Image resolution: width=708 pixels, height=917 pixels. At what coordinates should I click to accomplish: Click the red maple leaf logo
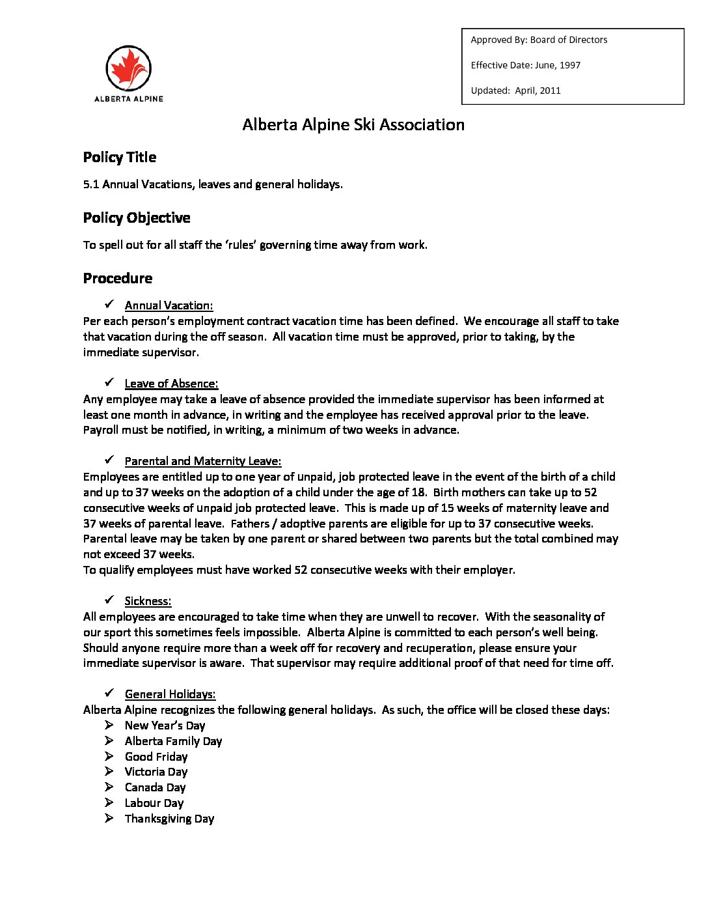coord(128,68)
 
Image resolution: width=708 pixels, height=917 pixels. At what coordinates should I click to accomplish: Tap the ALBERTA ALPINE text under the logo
coord(128,99)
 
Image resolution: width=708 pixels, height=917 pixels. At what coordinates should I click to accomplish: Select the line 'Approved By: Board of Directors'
coord(539,40)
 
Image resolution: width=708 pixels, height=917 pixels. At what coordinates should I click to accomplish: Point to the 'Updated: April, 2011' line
coord(515,91)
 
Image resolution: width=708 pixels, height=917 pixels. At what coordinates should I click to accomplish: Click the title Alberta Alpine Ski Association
coord(353,124)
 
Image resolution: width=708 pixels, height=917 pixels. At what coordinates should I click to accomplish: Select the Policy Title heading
coord(120,157)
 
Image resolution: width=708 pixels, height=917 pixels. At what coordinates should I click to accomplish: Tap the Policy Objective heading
coord(137,218)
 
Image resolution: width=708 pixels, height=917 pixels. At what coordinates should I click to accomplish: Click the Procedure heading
coord(118,278)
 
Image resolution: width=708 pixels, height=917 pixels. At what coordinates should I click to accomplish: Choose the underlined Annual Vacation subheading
coord(169,305)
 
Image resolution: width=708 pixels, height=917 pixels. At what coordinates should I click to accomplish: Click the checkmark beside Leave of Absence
coord(109,382)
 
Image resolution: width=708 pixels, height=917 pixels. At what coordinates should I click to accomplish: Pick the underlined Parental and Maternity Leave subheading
coord(203,461)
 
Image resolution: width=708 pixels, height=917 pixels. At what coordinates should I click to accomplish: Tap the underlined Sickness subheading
coord(148,601)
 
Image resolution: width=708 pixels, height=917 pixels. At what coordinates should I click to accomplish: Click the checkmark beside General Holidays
coord(109,693)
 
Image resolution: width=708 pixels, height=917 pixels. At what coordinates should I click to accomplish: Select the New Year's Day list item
coord(165,726)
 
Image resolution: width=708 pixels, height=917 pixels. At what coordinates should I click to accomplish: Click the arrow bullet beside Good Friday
coord(109,756)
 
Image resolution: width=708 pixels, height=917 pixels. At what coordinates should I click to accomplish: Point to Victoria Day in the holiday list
coord(156,772)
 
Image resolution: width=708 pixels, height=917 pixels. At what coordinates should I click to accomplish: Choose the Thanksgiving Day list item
coord(169,819)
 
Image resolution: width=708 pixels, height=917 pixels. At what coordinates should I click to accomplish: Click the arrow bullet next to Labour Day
coord(109,802)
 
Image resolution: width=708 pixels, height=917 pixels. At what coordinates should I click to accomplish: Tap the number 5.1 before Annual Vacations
coord(91,184)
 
